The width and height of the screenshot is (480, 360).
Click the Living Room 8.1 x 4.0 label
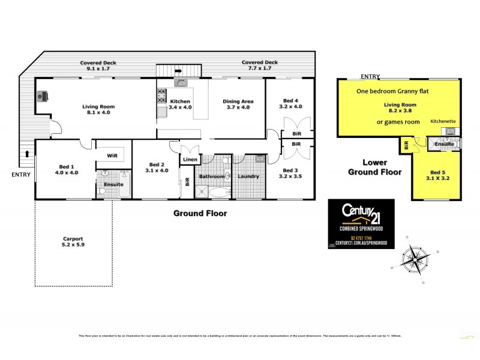98,110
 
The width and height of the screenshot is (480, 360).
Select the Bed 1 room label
66,169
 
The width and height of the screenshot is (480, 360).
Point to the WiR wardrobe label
112,155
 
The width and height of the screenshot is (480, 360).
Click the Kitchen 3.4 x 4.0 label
181,104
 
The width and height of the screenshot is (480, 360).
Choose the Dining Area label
239,104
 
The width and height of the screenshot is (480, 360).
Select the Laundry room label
248,176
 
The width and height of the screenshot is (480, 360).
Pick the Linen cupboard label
190,160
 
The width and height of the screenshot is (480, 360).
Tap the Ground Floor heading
200,213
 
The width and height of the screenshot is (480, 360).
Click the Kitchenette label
443,121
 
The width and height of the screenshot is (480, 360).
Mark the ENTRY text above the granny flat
370,76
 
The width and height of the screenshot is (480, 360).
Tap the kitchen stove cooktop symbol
161,95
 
